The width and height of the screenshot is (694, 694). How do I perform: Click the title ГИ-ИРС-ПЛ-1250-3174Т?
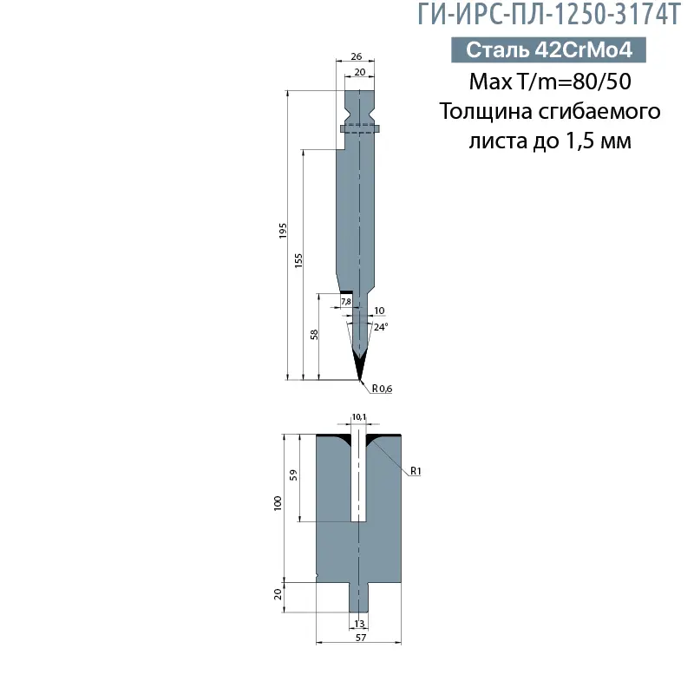[x=549, y=15]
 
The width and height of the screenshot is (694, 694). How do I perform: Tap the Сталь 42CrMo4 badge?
[x=548, y=49]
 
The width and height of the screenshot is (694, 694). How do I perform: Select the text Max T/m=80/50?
[x=550, y=82]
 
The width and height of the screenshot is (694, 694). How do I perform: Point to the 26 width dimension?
[x=357, y=56]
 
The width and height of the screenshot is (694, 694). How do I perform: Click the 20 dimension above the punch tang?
[x=360, y=72]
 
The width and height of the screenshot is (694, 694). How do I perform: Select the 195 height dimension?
[x=283, y=231]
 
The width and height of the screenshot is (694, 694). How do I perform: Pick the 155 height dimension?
[x=298, y=261]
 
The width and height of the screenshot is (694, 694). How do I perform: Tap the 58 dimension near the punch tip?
[x=314, y=334]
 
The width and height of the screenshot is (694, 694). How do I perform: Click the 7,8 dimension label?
[x=346, y=301]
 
